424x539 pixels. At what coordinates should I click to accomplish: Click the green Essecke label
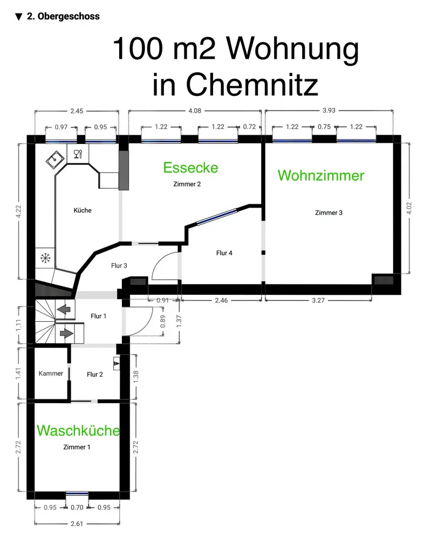click(190, 168)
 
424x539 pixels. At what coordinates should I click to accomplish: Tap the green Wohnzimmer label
click(321, 175)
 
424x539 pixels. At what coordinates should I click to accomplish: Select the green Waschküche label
click(78, 431)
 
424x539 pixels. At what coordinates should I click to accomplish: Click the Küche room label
click(83, 210)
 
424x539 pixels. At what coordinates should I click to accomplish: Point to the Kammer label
click(51, 374)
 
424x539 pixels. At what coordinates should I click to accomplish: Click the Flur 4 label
click(224, 253)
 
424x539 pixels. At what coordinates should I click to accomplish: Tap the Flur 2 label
click(94, 374)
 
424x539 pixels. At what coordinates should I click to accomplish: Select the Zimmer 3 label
click(329, 213)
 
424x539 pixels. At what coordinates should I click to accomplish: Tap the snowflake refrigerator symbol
click(45, 259)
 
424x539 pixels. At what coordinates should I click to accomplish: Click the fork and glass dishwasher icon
click(77, 154)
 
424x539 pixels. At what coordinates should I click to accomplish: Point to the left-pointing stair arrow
click(65, 309)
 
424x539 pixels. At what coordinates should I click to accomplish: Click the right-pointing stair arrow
click(66, 333)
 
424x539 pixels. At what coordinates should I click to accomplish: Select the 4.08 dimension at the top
click(195, 111)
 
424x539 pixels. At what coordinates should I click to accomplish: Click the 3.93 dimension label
click(329, 111)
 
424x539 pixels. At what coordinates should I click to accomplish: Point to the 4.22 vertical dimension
click(19, 211)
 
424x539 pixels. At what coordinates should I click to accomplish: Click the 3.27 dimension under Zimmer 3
click(318, 301)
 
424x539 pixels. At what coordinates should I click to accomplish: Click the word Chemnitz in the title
click(235, 85)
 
